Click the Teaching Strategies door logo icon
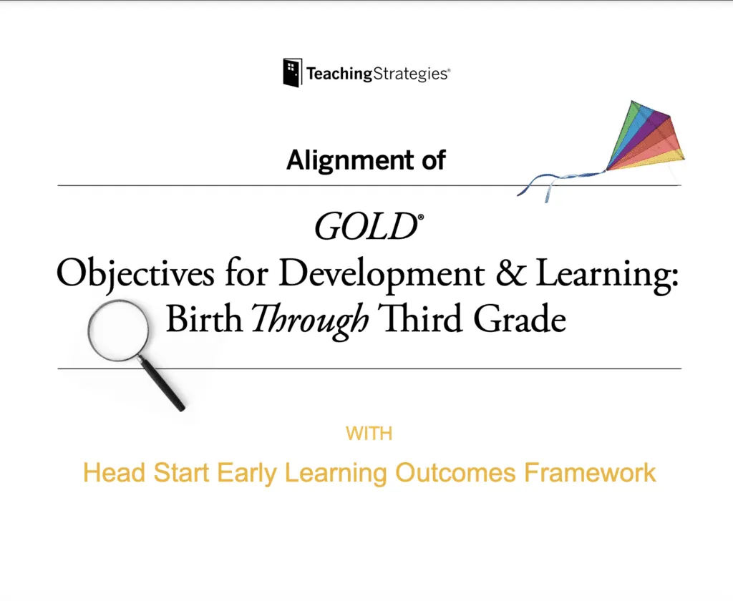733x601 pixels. point(292,72)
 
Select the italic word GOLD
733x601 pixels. point(366,227)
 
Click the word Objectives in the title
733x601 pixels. point(135,274)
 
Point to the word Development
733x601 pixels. point(382,274)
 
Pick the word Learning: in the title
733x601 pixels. point(607,274)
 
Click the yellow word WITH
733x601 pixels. point(369,434)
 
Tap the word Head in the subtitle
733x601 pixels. point(114,472)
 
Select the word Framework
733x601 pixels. point(590,472)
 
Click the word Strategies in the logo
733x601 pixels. point(411,74)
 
